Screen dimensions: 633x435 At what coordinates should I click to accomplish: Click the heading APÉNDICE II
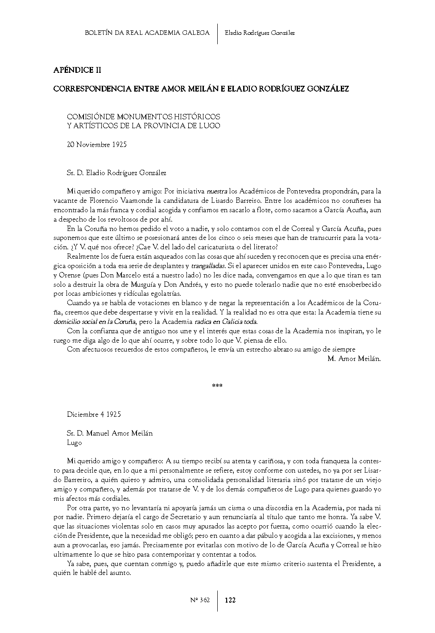pyautogui.click(x=77, y=70)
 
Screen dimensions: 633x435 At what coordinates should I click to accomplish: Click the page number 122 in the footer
pyautogui.click(x=230, y=600)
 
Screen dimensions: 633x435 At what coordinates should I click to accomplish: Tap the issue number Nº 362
pyautogui.click(x=200, y=600)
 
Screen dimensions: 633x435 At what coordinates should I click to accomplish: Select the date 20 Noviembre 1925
pyautogui.click(x=96, y=144)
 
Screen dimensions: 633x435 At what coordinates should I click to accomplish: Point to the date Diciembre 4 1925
pyautogui.click(x=94, y=414)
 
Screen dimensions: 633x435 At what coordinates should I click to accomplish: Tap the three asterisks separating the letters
pyautogui.click(x=217, y=386)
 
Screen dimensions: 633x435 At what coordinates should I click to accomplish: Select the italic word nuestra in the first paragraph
pyautogui.click(x=217, y=191)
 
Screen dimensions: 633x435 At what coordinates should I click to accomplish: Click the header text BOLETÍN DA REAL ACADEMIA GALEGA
pyautogui.click(x=147, y=33)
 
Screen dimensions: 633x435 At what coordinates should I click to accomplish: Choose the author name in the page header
pyautogui.click(x=260, y=33)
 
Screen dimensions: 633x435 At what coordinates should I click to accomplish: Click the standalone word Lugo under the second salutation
pyautogui.click(x=74, y=443)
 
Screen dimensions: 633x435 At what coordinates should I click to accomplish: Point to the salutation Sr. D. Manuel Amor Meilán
pyautogui.click(x=110, y=433)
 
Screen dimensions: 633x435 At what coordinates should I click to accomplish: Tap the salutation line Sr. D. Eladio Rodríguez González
pyautogui.click(x=116, y=172)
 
